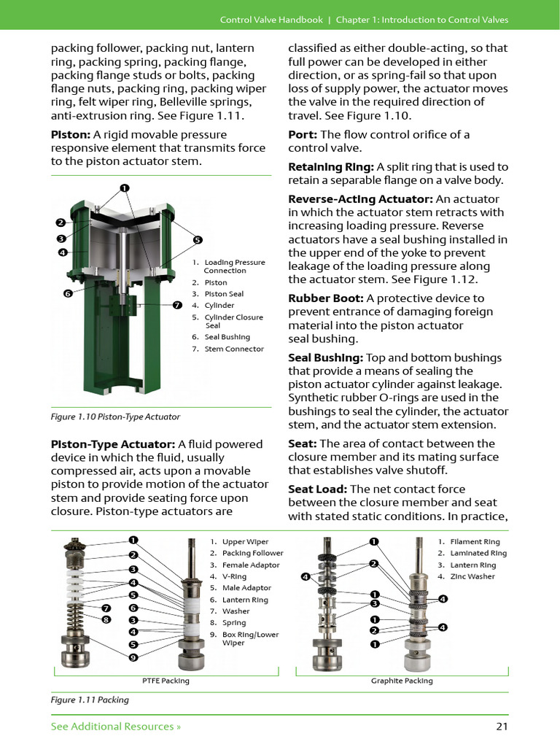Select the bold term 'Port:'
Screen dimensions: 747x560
tap(303, 135)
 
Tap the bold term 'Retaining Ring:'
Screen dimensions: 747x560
tap(331, 167)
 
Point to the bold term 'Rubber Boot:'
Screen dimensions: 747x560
tap(326, 298)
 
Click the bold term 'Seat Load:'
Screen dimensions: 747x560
tap(316, 489)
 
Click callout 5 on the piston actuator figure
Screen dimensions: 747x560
tap(198, 240)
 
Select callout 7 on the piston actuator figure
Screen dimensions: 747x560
tap(177, 305)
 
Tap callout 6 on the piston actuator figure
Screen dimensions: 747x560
tap(67, 293)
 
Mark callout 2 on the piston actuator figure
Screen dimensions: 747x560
tap(61, 222)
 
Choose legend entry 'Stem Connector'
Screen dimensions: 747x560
tap(233, 349)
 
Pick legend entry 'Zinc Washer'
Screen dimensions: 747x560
tap(472, 576)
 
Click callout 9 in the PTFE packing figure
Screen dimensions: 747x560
tap(133, 657)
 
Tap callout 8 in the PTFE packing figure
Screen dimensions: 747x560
tap(106, 619)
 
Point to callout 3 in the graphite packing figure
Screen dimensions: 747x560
tap(374, 603)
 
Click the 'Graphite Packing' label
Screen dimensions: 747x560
tap(402, 681)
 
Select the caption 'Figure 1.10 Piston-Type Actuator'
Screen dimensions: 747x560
tap(115, 417)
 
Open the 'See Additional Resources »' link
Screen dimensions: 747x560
tap(116, 726)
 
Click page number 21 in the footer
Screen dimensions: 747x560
tap(501, 726)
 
